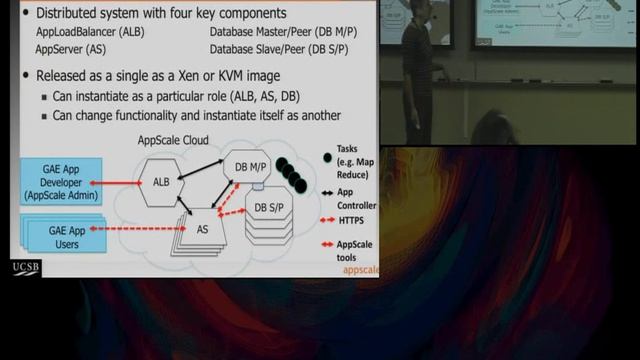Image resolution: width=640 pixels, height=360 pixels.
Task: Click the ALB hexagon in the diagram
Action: point(161,182)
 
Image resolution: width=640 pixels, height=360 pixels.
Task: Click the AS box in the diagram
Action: point(202,229)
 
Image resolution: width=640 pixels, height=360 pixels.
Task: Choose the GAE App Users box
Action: point(64,236)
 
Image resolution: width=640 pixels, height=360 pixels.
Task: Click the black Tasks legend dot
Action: point(327,158)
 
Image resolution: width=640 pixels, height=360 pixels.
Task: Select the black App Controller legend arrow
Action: point(327,192)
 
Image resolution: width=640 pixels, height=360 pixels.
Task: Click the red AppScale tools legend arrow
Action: point(327,245)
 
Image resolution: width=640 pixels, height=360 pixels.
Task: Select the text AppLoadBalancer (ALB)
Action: point(90,32)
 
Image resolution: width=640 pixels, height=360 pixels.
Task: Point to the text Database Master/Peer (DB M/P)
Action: point(283,32)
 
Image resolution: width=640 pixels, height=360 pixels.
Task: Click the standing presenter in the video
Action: point(418,70)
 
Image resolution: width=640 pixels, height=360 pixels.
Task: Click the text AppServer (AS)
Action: point(71,48)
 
